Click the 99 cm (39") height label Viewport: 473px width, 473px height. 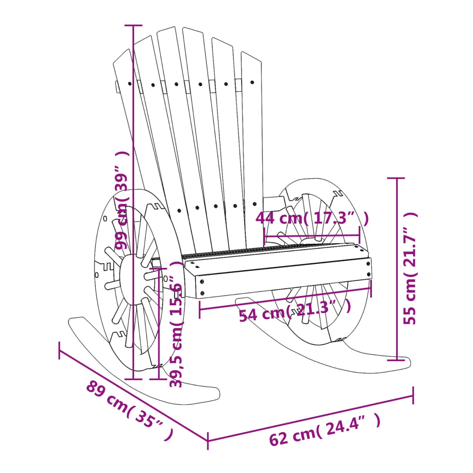(x=122, y=200)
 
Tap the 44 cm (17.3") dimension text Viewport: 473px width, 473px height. (x=312, y=218)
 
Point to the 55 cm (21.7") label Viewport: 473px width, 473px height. (x=410, y=268)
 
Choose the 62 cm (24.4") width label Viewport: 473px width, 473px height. (x=325, y=429)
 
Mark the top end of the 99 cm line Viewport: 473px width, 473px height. (x=133, y=26)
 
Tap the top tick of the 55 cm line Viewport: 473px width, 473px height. (x=396, y=178)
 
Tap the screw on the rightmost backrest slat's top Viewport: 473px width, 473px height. (x=252, y=82)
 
